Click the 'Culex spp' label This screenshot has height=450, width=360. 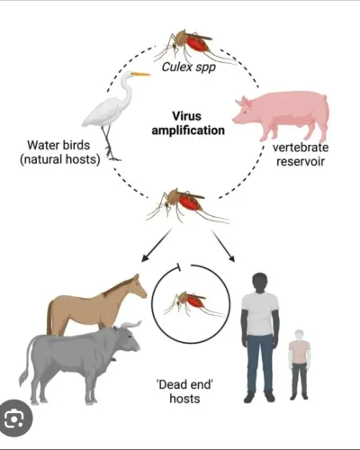(189, 67)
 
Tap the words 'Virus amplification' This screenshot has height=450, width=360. (188, 123)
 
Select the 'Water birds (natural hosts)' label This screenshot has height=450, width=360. (59, 152)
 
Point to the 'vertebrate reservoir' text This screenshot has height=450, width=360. (301, 155)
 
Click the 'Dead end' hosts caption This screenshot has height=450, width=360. (184, 391)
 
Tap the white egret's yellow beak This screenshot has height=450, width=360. (140, 74)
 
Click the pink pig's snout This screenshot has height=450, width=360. (236, 120)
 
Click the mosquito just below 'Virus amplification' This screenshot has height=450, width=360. (187, 205)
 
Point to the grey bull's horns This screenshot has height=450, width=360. (131, 324)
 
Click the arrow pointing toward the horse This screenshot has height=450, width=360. (157, 246)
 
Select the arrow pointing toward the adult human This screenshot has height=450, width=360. (223, 246)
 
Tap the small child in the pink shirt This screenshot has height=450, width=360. (300, 364)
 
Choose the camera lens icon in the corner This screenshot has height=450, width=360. (14, 418)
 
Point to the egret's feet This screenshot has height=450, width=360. (113, 157)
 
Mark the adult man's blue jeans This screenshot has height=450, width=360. (260, 363)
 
